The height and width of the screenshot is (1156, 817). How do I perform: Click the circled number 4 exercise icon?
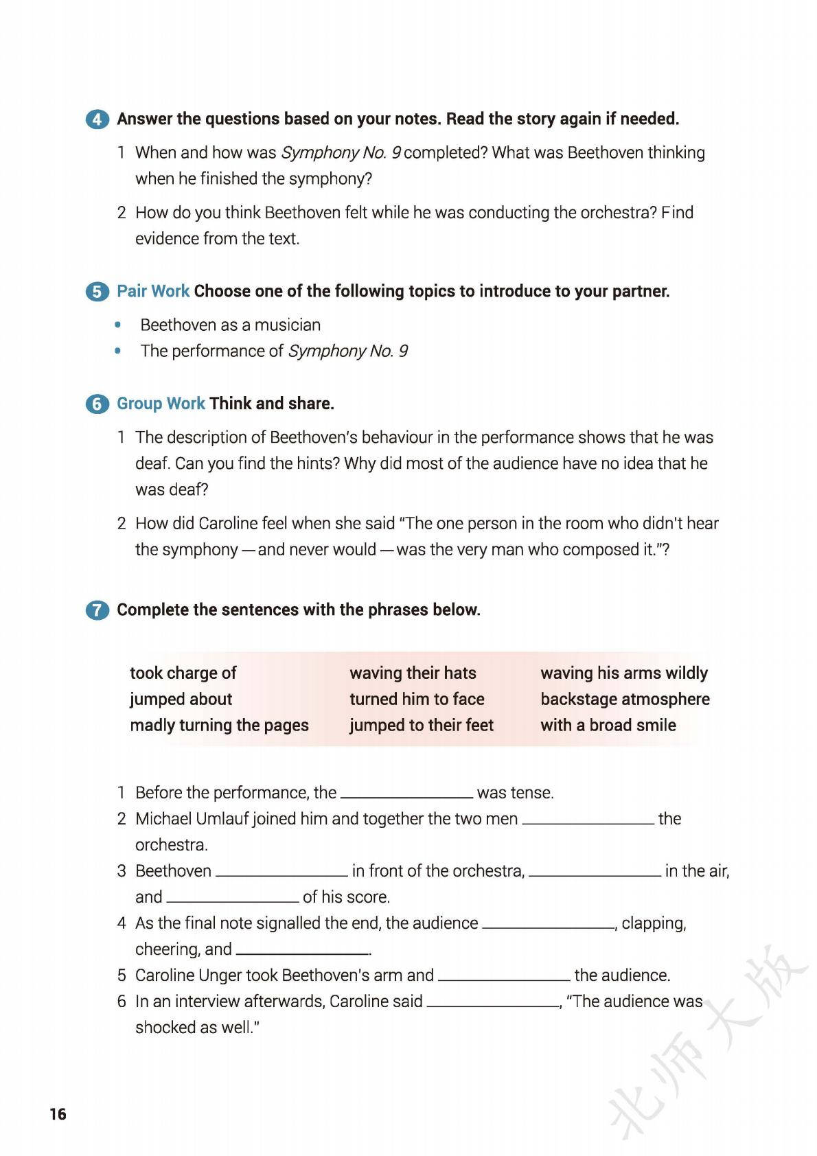pos(97,119)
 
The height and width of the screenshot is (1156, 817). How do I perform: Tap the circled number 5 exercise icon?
pos(97,292)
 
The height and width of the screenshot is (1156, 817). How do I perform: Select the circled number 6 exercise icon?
pos(97,404)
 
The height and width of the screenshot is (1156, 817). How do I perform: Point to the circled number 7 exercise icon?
pos(97,610)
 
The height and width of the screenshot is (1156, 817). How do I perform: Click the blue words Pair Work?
pos(152,291)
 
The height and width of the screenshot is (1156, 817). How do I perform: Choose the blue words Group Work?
pos(161,404)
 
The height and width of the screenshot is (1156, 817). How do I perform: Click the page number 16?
pos(58,1113)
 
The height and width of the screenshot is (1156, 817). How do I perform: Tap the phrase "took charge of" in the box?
pos(183,673)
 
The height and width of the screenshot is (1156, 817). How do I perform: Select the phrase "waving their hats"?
pos(413,673)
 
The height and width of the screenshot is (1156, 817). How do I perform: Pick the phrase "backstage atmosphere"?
pos(625,699)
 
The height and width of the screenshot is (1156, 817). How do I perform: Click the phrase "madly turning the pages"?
pos(219,725)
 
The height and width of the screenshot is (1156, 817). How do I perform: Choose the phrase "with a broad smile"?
pos(608,725)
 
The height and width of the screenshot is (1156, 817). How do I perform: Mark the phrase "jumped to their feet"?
pos(421,725)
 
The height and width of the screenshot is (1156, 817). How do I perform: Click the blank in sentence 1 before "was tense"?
pos(406,793)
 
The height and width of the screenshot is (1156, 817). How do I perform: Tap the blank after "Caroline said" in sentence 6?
pos(493,1002)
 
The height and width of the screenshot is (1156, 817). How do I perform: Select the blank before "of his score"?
pos(233,897)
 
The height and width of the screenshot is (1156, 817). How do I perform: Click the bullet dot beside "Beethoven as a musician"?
pos(119,325)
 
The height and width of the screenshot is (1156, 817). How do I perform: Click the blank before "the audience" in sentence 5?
pos(504,975)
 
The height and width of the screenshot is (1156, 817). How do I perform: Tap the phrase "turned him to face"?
pos(417,699)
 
